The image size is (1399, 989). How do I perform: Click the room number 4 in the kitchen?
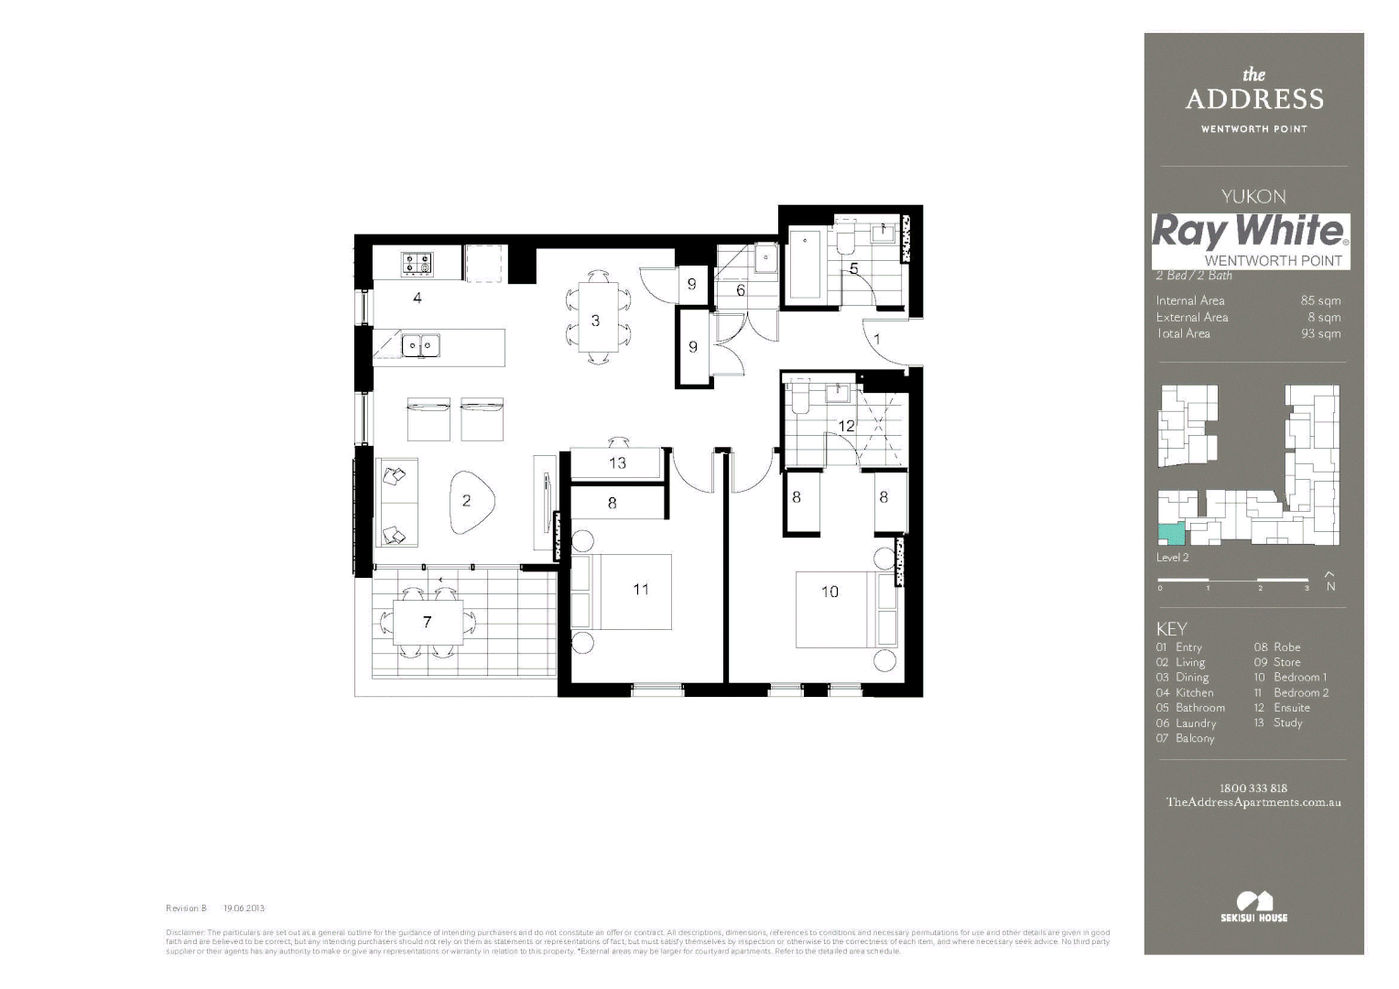[x=418, y=298]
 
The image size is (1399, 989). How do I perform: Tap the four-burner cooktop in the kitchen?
[x=418, y=264]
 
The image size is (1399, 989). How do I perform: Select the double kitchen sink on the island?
[x=421, y=345]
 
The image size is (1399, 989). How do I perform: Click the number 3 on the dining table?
[x=595, y=321]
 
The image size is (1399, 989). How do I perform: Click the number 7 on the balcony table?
[x=428, y=622]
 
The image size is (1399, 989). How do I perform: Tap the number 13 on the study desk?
[x=617, y=463]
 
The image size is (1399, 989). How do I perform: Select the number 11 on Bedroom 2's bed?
[x=641, y=590]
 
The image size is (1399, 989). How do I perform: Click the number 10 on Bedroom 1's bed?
[x=830, y=592]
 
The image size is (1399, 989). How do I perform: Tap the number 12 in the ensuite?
[x=846, y=426]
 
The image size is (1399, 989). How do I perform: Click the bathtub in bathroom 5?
[x=805, y=265]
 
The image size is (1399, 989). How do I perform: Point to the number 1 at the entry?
[x=877, y=340]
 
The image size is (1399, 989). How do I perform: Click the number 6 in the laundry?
[x=741, y=290]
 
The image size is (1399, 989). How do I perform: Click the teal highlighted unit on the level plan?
[x=1169, y=534]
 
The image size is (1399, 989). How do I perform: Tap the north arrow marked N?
[x=1330, y=581]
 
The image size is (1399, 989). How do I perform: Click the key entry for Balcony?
[x=1195, y=738]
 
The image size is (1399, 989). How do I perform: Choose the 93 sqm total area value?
[x=1320, y=333]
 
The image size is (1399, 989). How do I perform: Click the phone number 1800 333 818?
[x=1253, y=788]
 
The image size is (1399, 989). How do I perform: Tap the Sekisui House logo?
[x=1253, y=907]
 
